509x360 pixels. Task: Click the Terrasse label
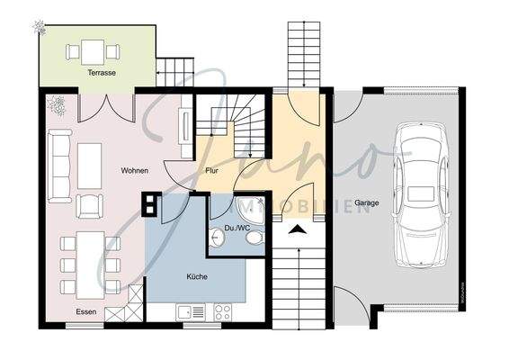102,72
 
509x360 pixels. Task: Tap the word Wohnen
135,170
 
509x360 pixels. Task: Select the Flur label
212,169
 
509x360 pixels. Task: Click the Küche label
196,276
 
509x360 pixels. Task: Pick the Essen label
86,311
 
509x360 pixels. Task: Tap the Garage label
366,203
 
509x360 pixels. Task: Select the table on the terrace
93,51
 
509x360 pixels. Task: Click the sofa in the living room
61,166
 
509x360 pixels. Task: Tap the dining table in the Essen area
89,263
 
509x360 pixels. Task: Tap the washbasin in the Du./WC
218,238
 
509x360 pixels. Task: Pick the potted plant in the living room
57,105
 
